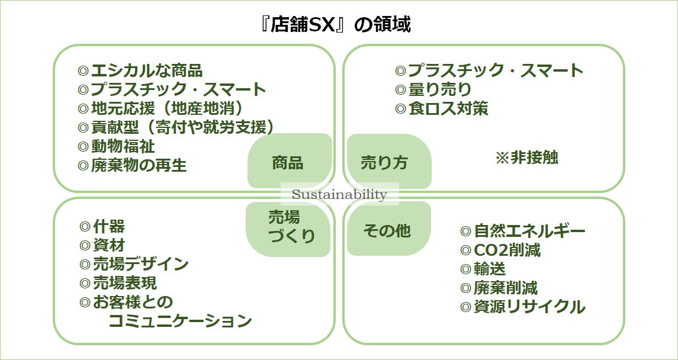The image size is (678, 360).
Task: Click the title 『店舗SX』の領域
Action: (x=339, y=25)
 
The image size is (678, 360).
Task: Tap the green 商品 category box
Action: (x=288, y=162)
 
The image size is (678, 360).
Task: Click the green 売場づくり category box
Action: (x=288, y=227)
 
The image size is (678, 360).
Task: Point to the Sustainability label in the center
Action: (x=339, y=195)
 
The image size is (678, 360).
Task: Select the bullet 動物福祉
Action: (x=116, y=146)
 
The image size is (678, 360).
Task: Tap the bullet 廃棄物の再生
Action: (x=132, y=165)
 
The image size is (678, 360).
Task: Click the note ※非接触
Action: (x=526, y=157)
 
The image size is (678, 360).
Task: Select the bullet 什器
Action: (x=102, y=227)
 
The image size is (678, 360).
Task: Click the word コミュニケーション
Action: (x=180, y=321)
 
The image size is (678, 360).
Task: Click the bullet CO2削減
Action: (x=500, y=250)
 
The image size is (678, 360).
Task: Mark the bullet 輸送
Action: (x=483, y=269)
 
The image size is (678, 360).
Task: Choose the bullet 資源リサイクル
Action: (x=523, y=307)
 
